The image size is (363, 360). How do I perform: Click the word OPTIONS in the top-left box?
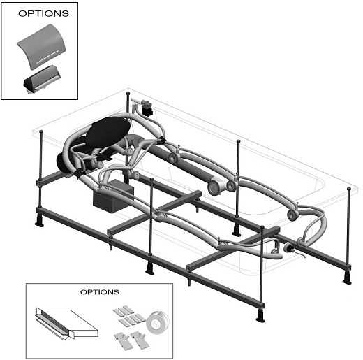43,13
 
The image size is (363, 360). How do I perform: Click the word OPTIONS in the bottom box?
100,292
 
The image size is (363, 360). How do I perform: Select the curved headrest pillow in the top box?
41,46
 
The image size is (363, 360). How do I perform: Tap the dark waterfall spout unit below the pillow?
42,80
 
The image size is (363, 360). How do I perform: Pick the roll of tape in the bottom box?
158,322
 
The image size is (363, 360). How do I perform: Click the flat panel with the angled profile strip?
66,323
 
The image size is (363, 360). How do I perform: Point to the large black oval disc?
108,131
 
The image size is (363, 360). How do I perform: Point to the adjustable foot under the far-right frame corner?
347,278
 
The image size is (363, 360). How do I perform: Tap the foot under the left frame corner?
39,219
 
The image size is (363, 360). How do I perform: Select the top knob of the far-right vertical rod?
348,189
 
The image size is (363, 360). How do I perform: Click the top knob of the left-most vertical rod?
41,131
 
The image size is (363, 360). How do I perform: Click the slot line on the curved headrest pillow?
47,57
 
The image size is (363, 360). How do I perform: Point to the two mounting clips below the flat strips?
131,340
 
